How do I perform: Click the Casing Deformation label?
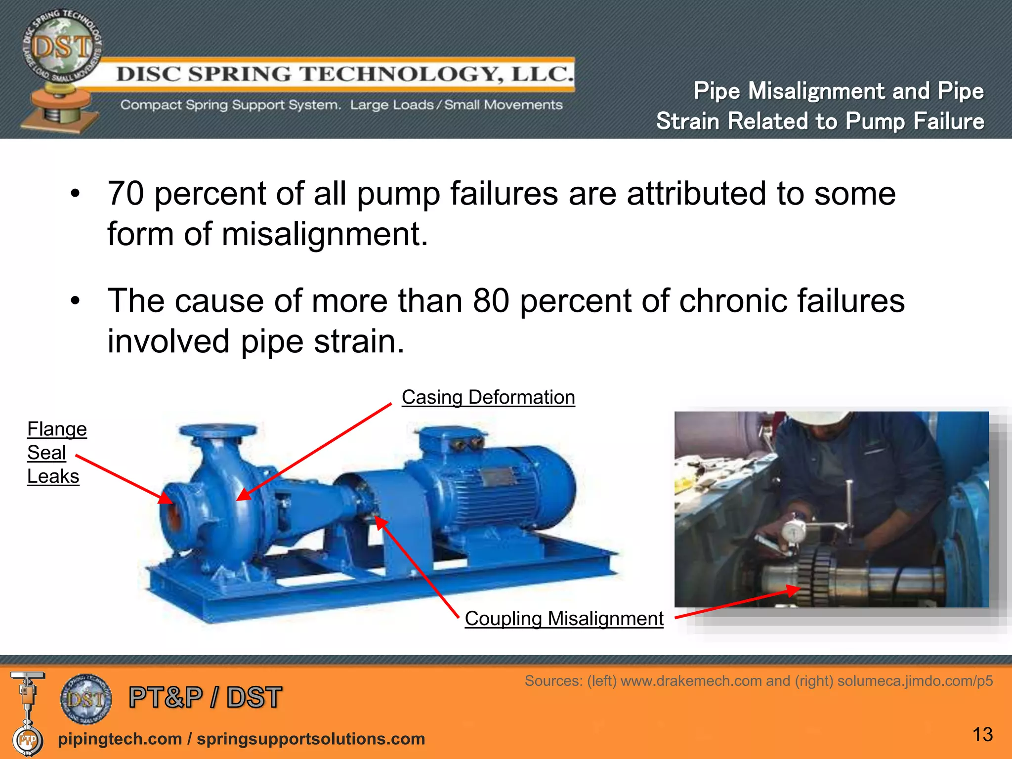pos(488,397)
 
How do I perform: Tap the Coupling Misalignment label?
pos(564,619)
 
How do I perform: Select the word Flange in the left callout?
pos(57,429)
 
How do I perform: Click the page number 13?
pos(982,734)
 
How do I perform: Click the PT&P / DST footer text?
pos(205,697)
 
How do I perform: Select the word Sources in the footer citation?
pos(553,681)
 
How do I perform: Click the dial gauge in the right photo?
pos(793,531)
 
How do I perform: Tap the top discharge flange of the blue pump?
pos(218,429)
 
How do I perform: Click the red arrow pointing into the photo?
pos(736,603)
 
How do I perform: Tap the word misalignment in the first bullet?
pos(324,234)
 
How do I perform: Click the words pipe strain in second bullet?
pos(322,341)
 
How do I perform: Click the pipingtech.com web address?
pos(120,739)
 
